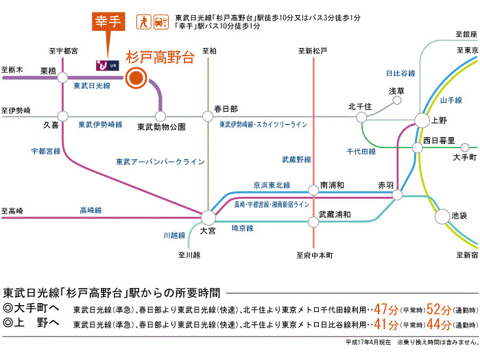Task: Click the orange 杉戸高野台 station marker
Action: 135,77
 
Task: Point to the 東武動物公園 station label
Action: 161,127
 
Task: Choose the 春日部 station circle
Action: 208,116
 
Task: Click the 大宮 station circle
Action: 208,217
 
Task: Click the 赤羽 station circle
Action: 398,195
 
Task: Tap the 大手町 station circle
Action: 465,147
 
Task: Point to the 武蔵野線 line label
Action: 296,160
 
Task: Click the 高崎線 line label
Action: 90,210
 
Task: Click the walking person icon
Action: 144,21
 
